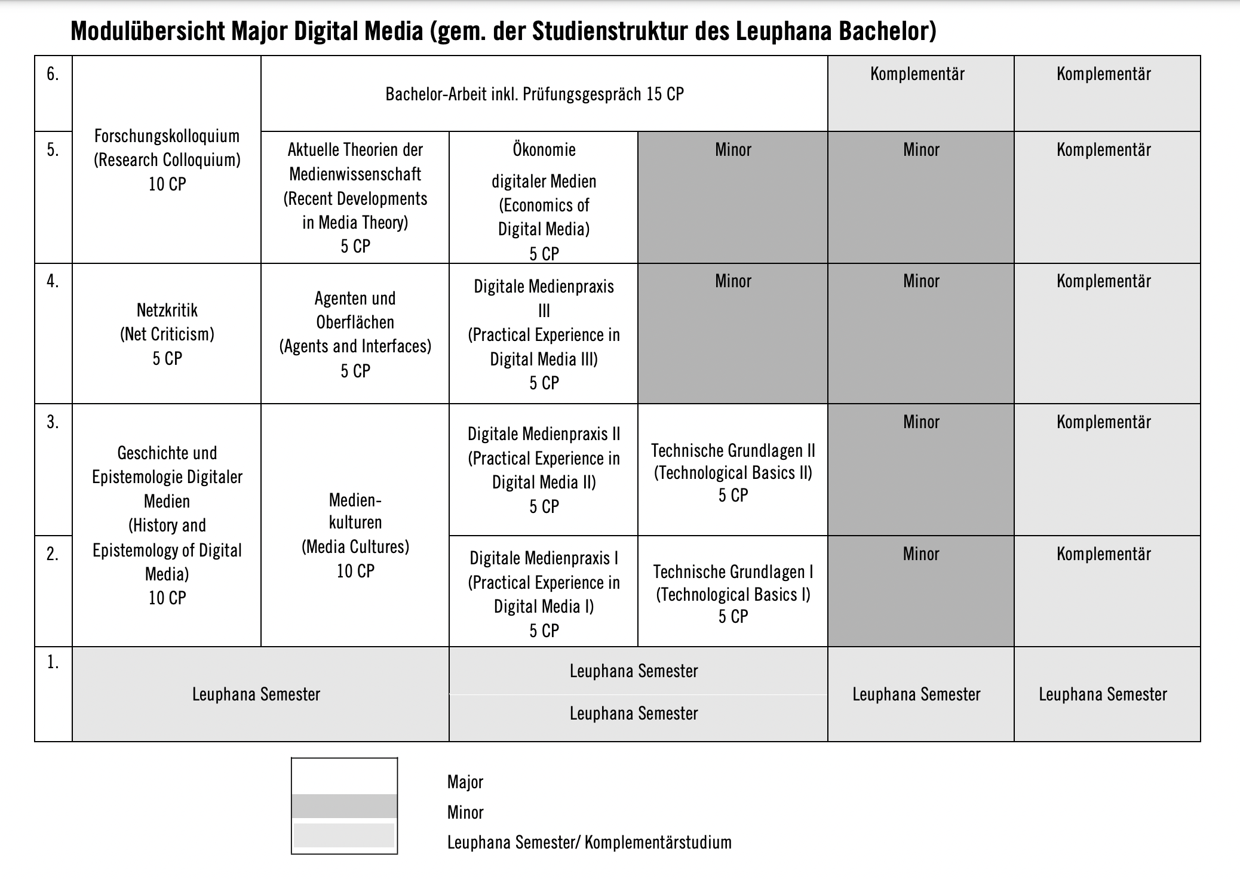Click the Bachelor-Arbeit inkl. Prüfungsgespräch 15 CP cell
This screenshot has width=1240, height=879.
coord(535,94)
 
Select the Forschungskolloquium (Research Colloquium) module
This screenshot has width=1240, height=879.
coord(167,160)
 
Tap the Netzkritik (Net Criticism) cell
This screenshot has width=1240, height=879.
coord(167,334)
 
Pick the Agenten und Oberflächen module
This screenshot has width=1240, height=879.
coord(355,334)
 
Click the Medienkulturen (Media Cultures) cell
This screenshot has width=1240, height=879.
coord(355,535)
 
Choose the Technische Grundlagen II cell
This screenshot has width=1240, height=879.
coord(733,472)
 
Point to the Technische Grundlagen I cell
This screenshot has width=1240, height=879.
coord(733,594)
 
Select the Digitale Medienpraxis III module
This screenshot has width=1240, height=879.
coord(544,334)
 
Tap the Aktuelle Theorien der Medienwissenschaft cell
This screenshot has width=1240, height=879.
coord(355,198)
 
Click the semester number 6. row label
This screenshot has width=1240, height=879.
coord(53,74)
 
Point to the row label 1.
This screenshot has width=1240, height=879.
coord(53,662)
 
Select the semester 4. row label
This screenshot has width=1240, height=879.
coord(53,281)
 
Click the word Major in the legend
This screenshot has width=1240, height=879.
coord(465,782)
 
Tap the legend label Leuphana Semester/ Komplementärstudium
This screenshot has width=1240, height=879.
coord(589,843)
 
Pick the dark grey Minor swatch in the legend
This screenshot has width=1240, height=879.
coord(344,806)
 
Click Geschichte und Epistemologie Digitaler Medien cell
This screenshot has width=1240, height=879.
coord(167,525)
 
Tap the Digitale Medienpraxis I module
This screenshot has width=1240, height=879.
coord(544,594)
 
